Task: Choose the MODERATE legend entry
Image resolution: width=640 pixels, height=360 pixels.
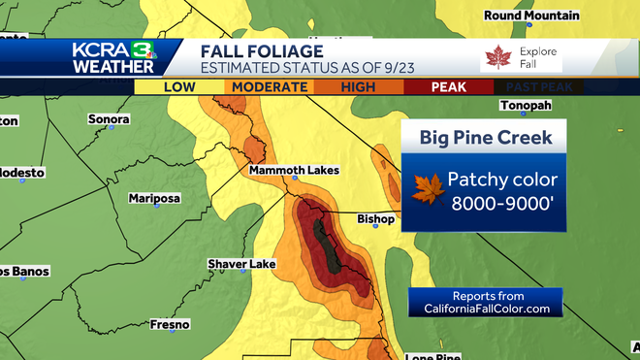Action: [268, 87]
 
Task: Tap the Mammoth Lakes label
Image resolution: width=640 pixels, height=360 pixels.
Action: [294, 170]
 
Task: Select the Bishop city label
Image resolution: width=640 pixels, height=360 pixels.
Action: [375, 218]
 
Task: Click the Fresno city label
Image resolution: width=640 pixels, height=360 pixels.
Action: [169, 324]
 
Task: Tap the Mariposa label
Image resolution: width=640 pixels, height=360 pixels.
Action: [154, 198]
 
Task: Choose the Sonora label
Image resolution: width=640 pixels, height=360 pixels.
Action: [110, 117]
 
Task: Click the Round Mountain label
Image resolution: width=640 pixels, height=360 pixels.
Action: [531, 16]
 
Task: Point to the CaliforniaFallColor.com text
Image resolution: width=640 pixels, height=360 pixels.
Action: [487, 309]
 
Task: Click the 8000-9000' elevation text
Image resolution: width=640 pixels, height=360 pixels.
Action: [497, 202]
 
